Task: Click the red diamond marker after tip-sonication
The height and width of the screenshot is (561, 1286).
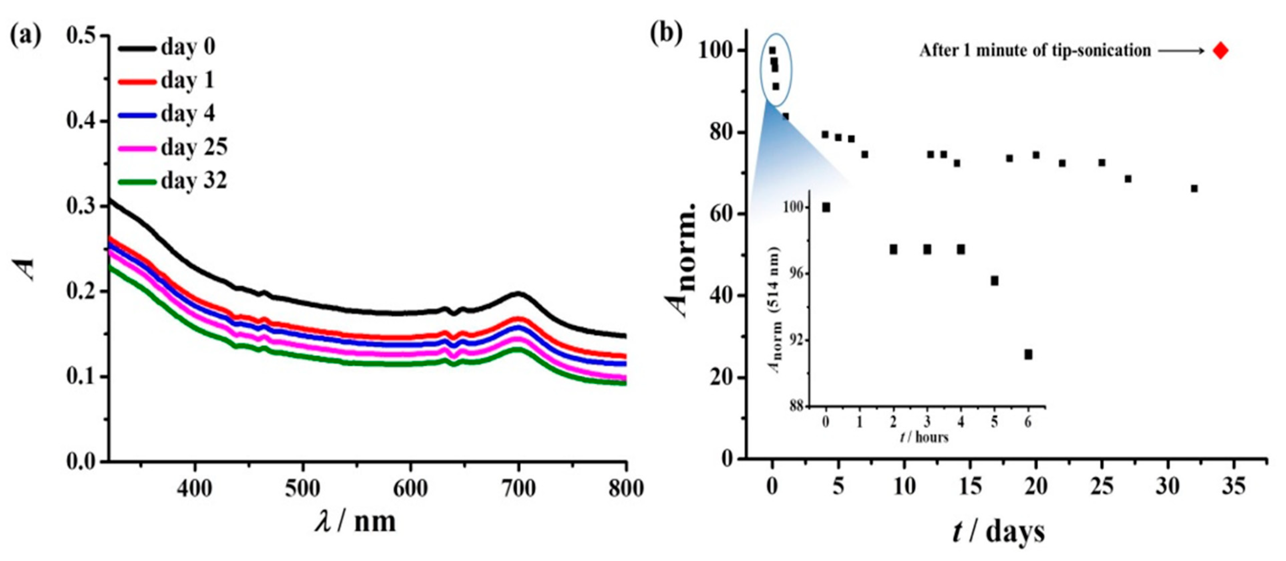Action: coord(1220,51)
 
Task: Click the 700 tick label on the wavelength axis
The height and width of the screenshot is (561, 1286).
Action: coord(518,488)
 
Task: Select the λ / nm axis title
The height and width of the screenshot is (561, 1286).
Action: coord(355,522)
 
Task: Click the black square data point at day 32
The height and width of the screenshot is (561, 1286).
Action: coord(1194,188)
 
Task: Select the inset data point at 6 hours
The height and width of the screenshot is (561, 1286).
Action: coord(1028,354)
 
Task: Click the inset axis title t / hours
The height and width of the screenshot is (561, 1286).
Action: coord(924,437)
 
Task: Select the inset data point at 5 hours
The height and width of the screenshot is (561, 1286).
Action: coord(994,281)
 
